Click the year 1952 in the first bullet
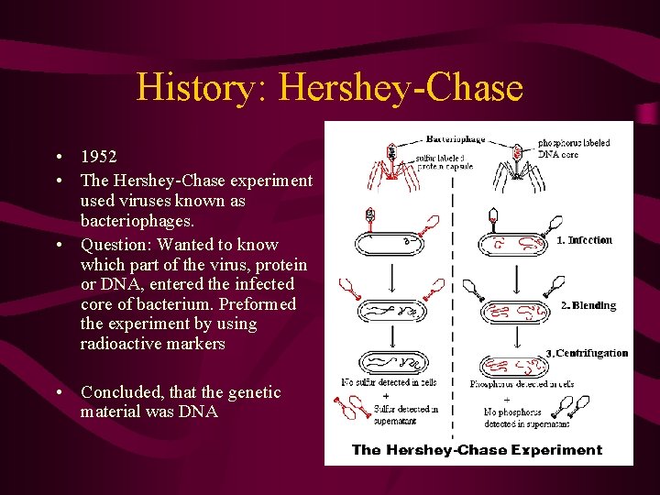pos(100,156)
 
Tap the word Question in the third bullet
pos(115,245)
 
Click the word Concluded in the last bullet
pos(119,392)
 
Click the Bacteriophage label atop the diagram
pos(455,139)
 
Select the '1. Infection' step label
pos(584,240)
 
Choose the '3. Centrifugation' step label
pos(587,353)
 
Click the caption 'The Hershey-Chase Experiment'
pos(477,449)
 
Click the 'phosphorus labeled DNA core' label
pos(573,148)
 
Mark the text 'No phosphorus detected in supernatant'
pos(526,419)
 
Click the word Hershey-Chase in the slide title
pos(401,88)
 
